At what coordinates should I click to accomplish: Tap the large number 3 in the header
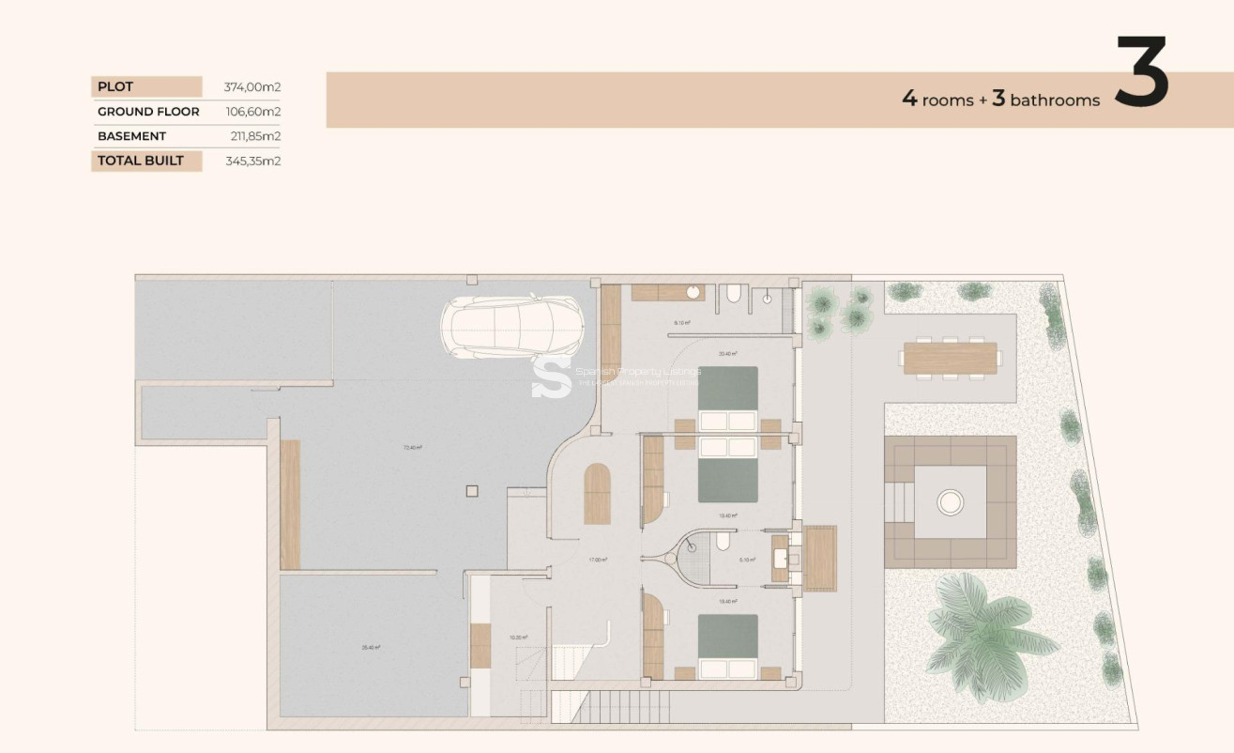(x=1141, y=72)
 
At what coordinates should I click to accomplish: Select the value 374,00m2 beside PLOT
(x=252, y=87)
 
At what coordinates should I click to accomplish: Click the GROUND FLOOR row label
(x=148, y=112)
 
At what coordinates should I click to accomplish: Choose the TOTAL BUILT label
(x=141, y=161)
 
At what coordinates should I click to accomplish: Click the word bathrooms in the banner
(x=1055, y=100)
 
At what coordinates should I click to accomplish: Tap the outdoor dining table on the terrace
(x=950, y=358)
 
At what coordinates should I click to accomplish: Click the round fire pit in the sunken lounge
(x=951, y=502)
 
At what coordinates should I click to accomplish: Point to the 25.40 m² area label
(x=371, y=647)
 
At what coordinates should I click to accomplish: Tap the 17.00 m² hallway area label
(x=598, y=560)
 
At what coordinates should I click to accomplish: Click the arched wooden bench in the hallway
(x=597, y=494)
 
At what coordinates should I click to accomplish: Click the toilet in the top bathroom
(x=733, y=296)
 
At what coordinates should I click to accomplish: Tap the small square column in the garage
(x=472, y=489)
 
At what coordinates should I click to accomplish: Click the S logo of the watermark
(x=551, y=377)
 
